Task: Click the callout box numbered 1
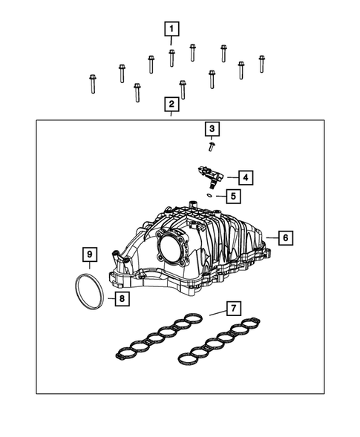tap(171, 30)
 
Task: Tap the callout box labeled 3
tap(212, 130)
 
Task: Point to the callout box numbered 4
tap(245, 177)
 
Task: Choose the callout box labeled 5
tap(232, 196)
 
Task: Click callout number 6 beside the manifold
tap(284, 238)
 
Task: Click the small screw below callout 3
tap(211, 146)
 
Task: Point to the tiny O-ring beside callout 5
tap(211, 195)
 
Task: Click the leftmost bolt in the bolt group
tap(92, 85)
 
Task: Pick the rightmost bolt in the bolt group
tap(262, 64)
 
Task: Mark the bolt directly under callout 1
tap(171, 56)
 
